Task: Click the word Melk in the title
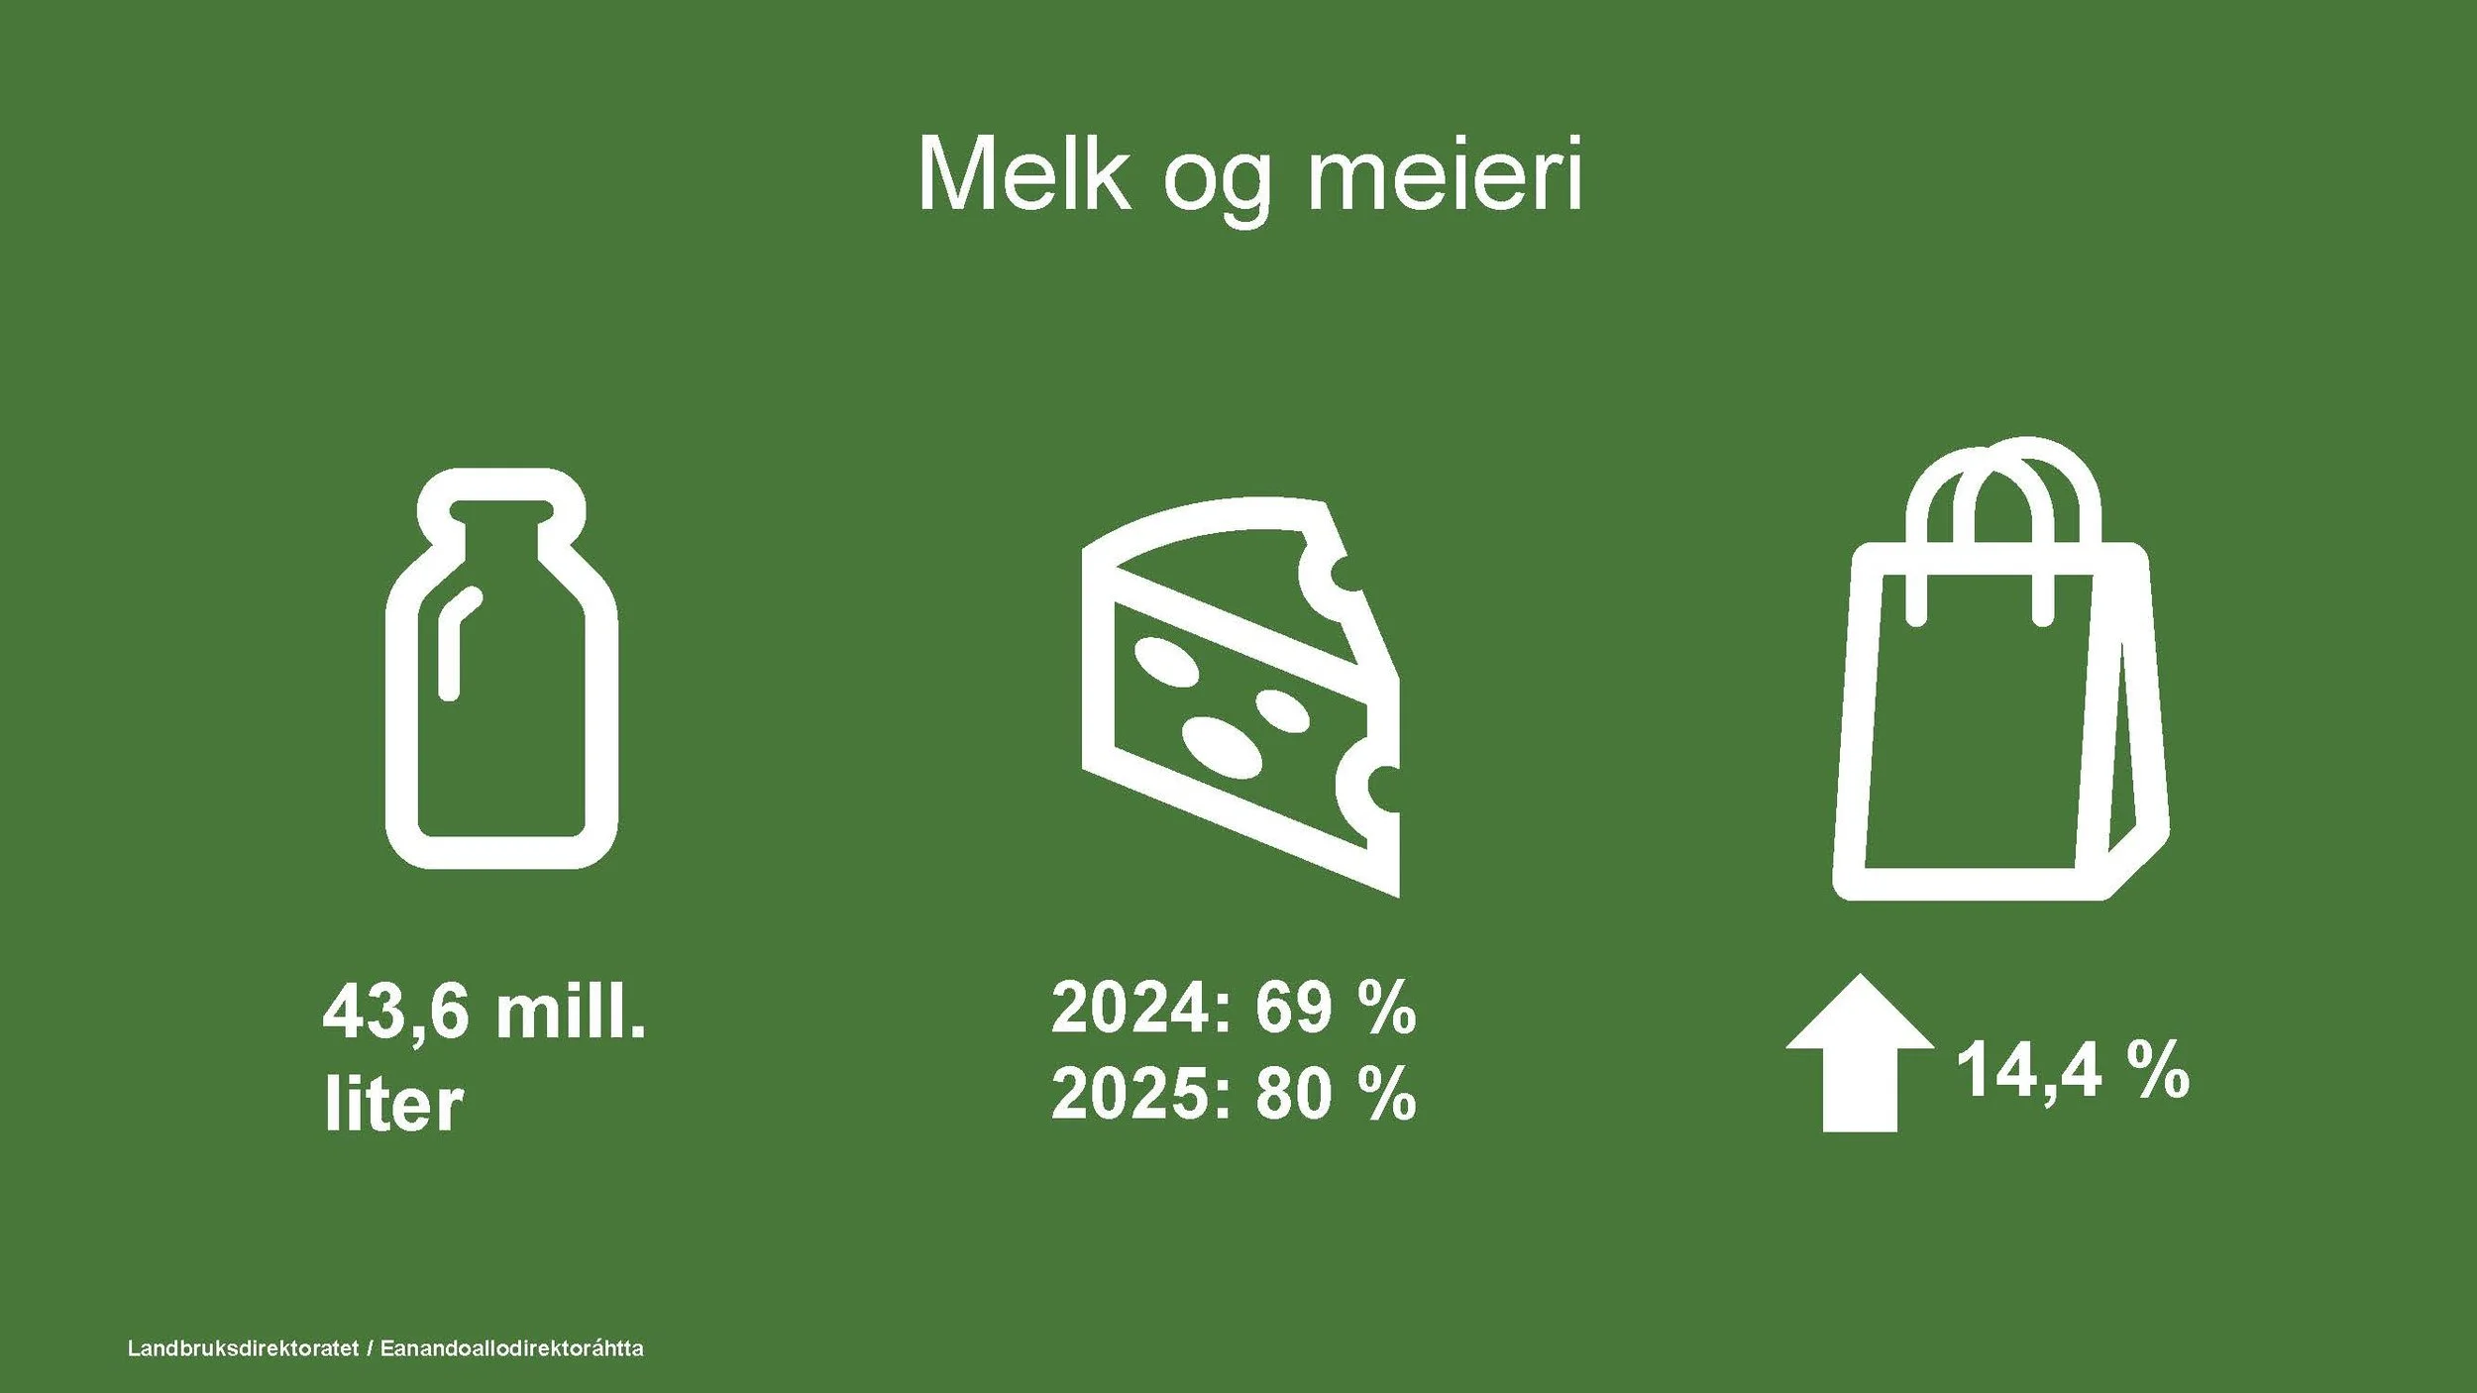coord(1023,176)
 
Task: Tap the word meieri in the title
coord(1446,176)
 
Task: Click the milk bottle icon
coord(501,670)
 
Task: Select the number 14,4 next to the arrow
coord(2027,1071)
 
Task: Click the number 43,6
coord(395,1013)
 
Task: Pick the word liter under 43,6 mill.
coord(393,1105)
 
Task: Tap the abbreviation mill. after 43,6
coord(571,1013)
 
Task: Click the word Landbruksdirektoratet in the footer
coord(243,1348)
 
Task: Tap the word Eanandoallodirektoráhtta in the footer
coord(511,1348)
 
